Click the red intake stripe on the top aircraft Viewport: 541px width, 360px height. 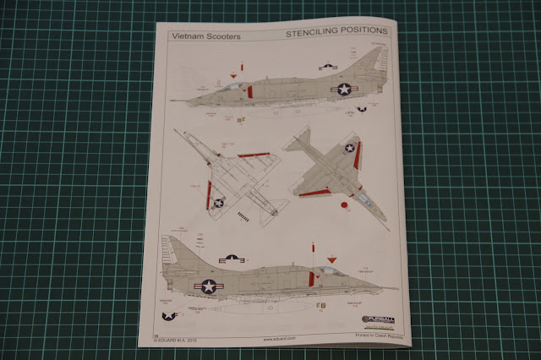[x=249, y=90]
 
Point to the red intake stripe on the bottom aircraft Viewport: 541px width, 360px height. [x=312, y=276]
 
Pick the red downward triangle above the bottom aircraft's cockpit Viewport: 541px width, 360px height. [x=331, y=259]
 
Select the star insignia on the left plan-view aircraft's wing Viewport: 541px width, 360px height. [x=218, y=202]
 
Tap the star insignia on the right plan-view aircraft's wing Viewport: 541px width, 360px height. [x=349, y=148]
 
